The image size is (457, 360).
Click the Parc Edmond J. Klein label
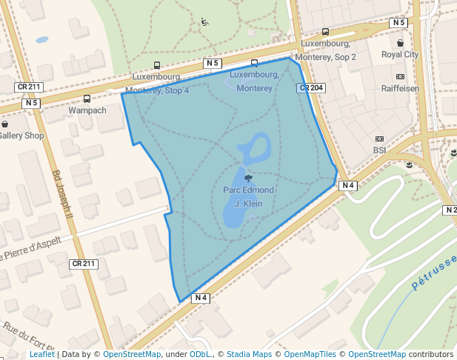pyautogui.click(x=248, y=196)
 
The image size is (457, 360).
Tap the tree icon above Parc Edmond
pyautogui.click(x=247, y=178)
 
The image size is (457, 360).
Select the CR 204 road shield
pyautogui.click(x=312, y=88)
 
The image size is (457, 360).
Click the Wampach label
pyautogui.click(x=87, y=110)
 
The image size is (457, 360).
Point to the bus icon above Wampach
pyautogui.click(x=87, y=99)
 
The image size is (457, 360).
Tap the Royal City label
pyautogui.click(x=400, y=55)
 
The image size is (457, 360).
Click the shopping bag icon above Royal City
pyautogui.click(x=400, y=43)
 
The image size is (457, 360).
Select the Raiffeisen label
pyautogui.click(x=400, y=88)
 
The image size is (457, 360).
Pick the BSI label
pyautogui.click(x=380, y=150)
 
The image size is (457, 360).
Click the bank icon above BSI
pyautogui.click(x=380, y=139)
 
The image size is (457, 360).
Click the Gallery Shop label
pyautogui.click(x=21, y=136)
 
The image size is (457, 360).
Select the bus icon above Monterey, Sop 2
pyautogui.click(x=325, y=32)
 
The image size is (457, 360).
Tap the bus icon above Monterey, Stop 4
pyautogui.click(x=157, y=66)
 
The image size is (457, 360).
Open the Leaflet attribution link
pyautogui.click(x=42, y=354)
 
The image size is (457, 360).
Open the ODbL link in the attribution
pyautogui.click(x=200, y=354)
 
